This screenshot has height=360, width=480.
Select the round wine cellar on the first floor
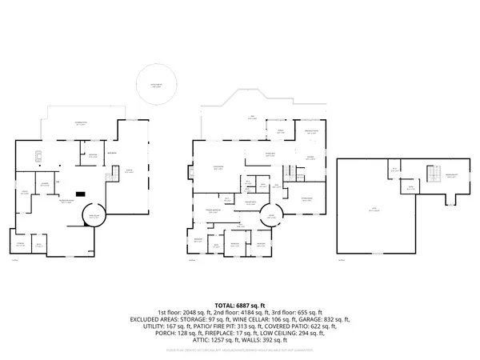click(x=95, y=215)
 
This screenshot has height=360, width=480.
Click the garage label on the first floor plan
click(x=129, y=170)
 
